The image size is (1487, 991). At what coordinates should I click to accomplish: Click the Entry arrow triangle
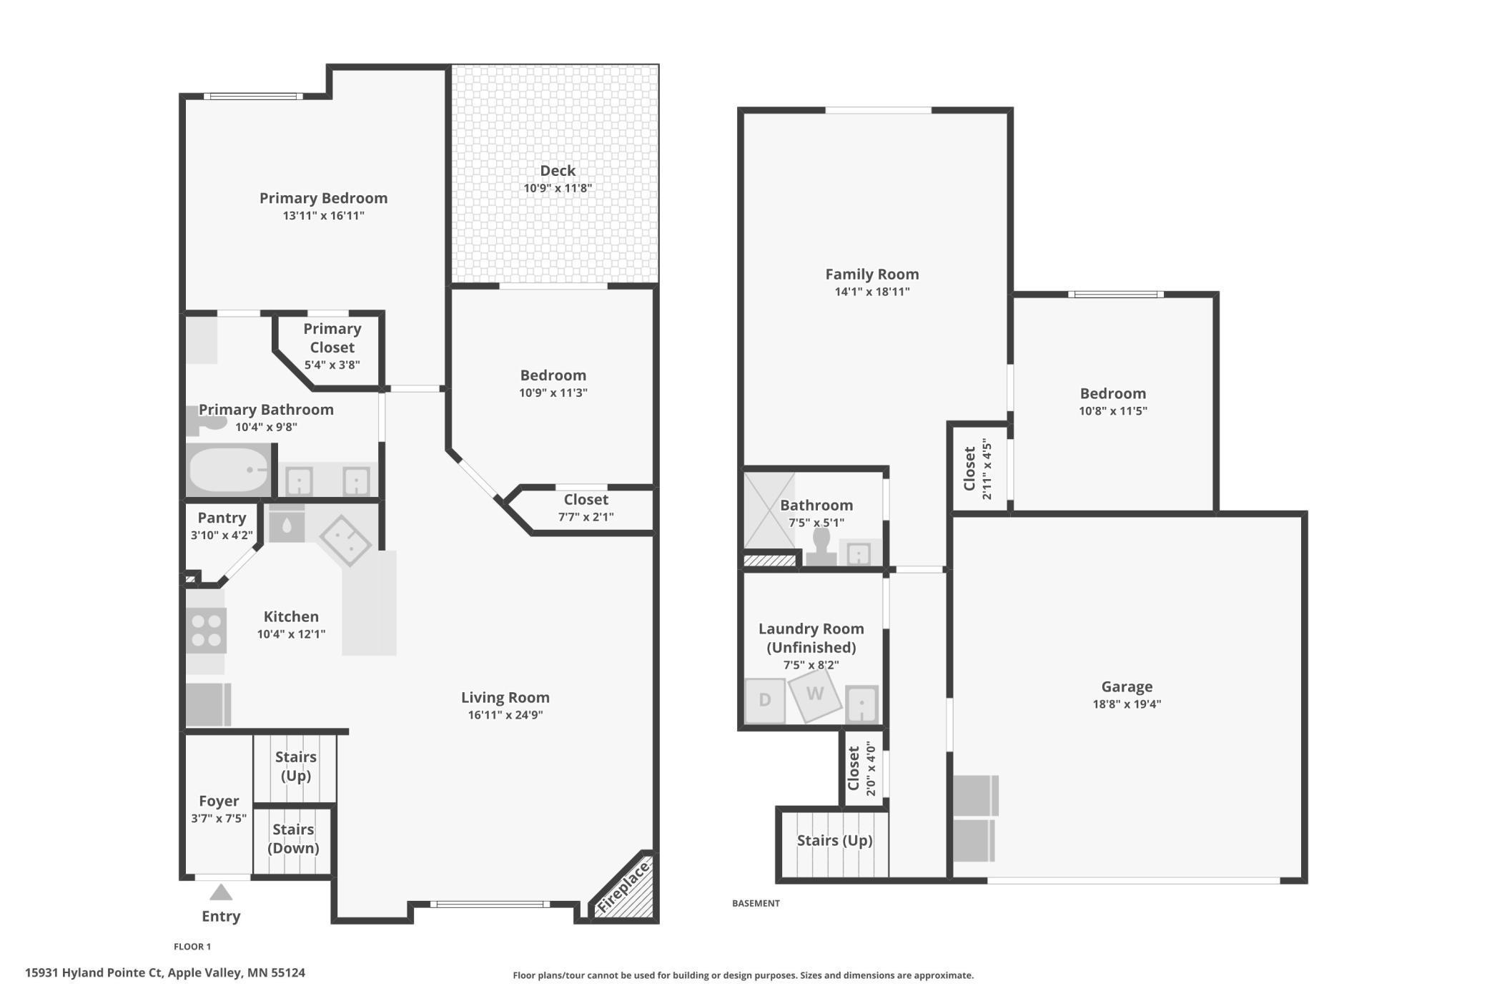(x=221, y=892)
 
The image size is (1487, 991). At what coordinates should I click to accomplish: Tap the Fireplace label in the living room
(x=623, y=887)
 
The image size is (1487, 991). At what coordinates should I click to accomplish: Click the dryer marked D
(x=764, y=700)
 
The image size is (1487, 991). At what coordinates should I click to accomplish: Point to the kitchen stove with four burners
(x=207, y=630)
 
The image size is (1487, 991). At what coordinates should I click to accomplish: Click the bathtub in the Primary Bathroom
(x=228, y=470)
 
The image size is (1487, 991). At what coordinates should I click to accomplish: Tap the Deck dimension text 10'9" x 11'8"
(x=558, y=188)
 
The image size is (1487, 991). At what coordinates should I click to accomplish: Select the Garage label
(x=1126, y=686)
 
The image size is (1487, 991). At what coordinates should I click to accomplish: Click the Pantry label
(x=222, y=518)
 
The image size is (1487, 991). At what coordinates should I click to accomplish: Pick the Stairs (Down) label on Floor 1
(x=293, y=839)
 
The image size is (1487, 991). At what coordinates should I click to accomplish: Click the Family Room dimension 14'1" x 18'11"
(x=871, y=292)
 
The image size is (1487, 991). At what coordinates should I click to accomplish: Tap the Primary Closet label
(x=332, y=338)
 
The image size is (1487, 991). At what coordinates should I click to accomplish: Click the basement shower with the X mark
(x=769, y=509)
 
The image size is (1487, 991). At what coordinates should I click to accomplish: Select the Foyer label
(x=218, y=801)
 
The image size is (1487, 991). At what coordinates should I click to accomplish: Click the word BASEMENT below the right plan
(x=756, y=903)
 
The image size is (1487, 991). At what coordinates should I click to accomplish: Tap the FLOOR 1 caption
(x=192, y=947)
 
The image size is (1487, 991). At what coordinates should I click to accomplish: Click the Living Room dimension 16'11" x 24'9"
(x=505, y=715)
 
